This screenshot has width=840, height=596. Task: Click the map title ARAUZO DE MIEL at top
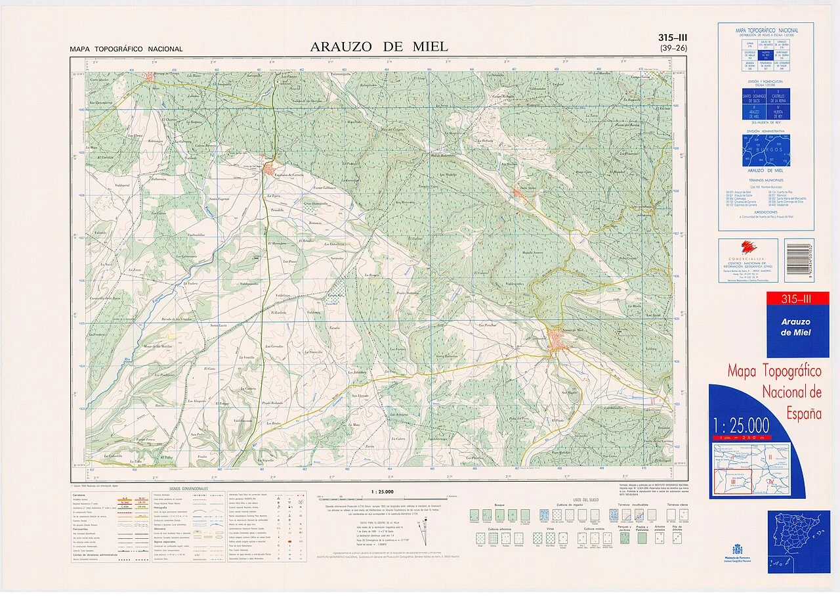click(x=379, y=47)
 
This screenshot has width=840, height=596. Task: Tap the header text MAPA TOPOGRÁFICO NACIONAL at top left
click(x=127, y=49)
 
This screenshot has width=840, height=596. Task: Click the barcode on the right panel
click(x=799, y=260)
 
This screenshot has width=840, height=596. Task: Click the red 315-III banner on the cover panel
click(x=797, y=300)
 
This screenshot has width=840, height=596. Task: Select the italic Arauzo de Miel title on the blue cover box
click(x=795, y=327)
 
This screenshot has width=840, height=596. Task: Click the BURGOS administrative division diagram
click(x=766, y=151)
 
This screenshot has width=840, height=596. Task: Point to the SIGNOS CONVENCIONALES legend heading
click(x=188, y=489)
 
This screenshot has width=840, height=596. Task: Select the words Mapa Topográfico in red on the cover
click(x=774, y=372)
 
